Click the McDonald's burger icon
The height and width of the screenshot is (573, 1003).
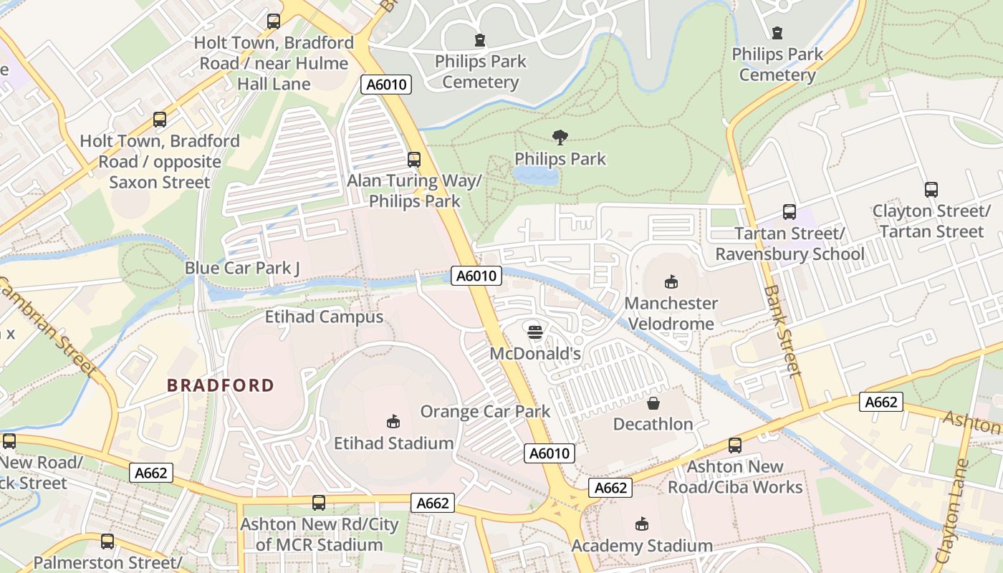[534, 332]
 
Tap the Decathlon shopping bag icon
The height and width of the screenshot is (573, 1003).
[653, 403]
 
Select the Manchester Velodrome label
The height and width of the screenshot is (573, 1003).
[671, 314]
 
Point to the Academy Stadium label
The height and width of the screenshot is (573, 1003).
[641, 546]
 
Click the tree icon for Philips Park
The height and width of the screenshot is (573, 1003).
[560, 137]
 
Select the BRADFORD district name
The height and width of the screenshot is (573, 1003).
[221, 385]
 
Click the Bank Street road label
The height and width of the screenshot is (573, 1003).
[782, 331]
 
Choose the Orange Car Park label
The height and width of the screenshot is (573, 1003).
[485, 412]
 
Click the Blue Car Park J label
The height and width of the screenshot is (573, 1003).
[242, 268]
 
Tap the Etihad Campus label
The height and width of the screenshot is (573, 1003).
[324, 317]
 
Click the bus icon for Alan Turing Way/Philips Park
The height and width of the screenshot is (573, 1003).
[413, 159]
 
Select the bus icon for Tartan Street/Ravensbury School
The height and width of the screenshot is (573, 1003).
[789, 212]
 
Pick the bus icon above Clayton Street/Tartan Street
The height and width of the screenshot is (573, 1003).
[931, 190]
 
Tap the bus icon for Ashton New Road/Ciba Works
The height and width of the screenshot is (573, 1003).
[734, 446]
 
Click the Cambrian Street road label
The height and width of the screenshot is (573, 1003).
[47, 327]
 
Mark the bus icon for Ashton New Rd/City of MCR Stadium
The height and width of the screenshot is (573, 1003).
[319, 503]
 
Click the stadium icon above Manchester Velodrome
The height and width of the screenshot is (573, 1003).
[671, 281]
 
